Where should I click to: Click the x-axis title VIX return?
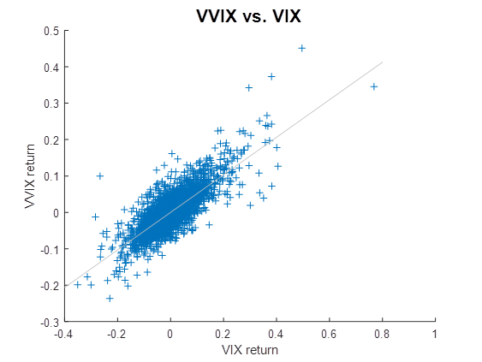(249, 350)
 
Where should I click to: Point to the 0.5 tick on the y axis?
(52, 31)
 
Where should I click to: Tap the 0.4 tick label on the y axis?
(52, 68)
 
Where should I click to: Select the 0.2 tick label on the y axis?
(52, 140)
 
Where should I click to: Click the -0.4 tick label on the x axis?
(62, 334)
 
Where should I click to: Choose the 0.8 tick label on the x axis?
(382, 334)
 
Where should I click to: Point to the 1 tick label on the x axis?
(435, 334)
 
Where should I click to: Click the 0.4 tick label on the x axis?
(276, 334)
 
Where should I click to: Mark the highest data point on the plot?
(301, 48)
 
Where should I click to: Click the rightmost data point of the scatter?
(373, 86)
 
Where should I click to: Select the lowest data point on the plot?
(110, 298)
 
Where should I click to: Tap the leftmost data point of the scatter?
(78, 284)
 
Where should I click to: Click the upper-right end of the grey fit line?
(382, 62)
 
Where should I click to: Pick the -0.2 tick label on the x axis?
(116, 334)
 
